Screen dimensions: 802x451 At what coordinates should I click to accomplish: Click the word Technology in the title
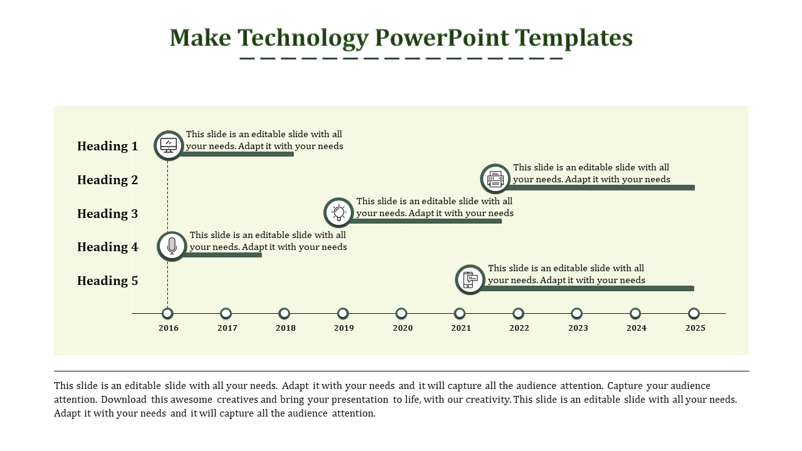(x=303, y=38)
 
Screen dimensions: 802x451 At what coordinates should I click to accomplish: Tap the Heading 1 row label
(x=107, y=147)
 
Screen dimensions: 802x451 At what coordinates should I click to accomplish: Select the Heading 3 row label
(x=107, y=214)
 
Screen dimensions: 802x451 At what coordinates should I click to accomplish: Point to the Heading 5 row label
(x=107, y=281)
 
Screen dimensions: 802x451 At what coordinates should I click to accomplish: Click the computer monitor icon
(x=169, y=145)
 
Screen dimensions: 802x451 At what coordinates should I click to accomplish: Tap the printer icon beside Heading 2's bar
(x=495, y=179)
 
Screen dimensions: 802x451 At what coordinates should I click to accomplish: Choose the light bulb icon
(x=339, y=212)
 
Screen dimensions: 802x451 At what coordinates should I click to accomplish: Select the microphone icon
(x=172, y=246)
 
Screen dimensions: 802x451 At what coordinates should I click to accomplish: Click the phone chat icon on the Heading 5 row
(x=470, y=280)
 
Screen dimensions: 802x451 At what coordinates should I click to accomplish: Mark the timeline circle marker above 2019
(x=343, y=314)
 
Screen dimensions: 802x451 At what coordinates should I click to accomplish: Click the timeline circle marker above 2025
(x=694, y=314)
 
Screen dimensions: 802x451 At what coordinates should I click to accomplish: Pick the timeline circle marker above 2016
(x=167, y=314)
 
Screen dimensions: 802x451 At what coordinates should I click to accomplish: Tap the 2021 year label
(x=461, y=328)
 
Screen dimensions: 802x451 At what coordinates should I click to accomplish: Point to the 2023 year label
(x=578, y=328)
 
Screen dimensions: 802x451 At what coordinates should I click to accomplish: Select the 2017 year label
(x=227, y=328)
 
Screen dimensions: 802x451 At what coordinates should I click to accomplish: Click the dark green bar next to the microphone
(x=222, y=255)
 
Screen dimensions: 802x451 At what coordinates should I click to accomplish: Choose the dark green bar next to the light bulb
(x=425, y=221)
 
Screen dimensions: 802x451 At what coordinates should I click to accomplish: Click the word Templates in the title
(x=573, y=38)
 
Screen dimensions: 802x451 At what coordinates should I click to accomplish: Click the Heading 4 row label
(x=107, y=247)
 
